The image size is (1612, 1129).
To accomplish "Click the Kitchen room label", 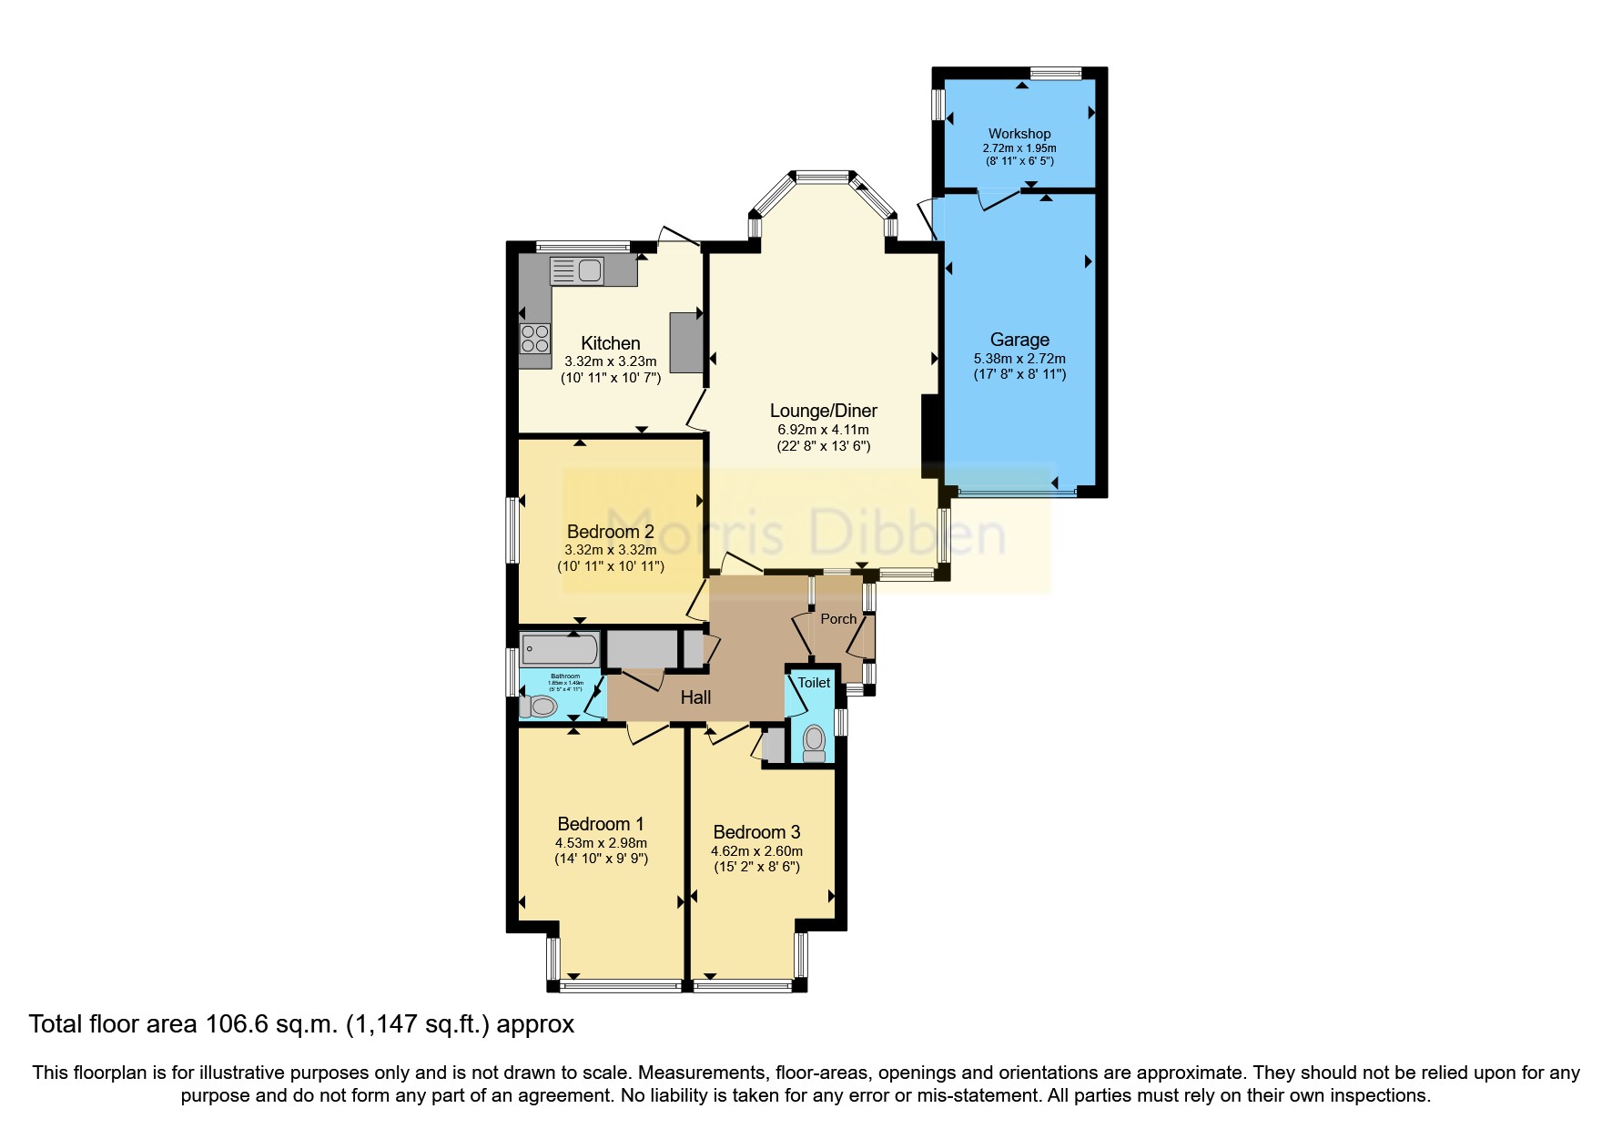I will [610, 343].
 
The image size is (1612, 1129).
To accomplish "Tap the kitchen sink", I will [577, 270].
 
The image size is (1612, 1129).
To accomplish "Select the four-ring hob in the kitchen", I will [535, 339].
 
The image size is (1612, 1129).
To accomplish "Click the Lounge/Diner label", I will [823, 411].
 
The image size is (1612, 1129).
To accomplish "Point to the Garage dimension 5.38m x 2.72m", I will [1019, 359].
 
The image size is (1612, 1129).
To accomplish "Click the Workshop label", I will [1019, 134].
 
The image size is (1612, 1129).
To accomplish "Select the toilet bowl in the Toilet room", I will [814, 737].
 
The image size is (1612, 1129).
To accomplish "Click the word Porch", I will [838, 619].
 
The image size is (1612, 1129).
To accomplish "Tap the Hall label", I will [695, 697].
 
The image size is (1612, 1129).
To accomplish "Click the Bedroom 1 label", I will [601, 824].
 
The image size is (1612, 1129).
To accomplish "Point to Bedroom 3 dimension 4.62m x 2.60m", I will [756, 851].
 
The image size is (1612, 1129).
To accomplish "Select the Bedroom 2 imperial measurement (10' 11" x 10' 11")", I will [611, 566].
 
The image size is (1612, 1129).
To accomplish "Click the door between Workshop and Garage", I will [998, 199].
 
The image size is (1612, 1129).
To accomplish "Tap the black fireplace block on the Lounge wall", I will [930, 436].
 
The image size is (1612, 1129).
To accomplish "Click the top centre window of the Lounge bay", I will [822, 175].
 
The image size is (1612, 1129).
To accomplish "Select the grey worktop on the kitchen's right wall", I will [686, 342].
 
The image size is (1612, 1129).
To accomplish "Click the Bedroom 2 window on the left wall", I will [512, 529].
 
